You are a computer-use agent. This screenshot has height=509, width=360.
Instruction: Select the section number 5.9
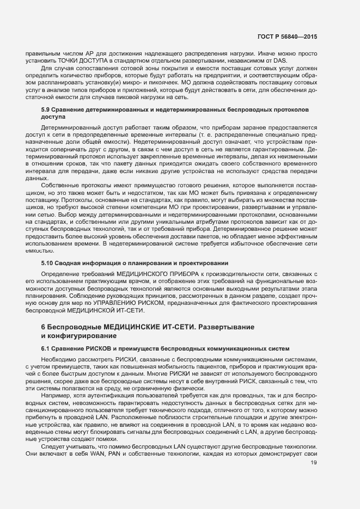(x=47, y=109)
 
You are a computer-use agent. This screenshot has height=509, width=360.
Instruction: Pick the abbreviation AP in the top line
(x=92, y=53)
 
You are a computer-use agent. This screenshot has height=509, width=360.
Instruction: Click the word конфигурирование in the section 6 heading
(x=74, y=336)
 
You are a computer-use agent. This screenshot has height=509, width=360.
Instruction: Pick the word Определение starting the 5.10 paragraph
(x=60, y=273)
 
